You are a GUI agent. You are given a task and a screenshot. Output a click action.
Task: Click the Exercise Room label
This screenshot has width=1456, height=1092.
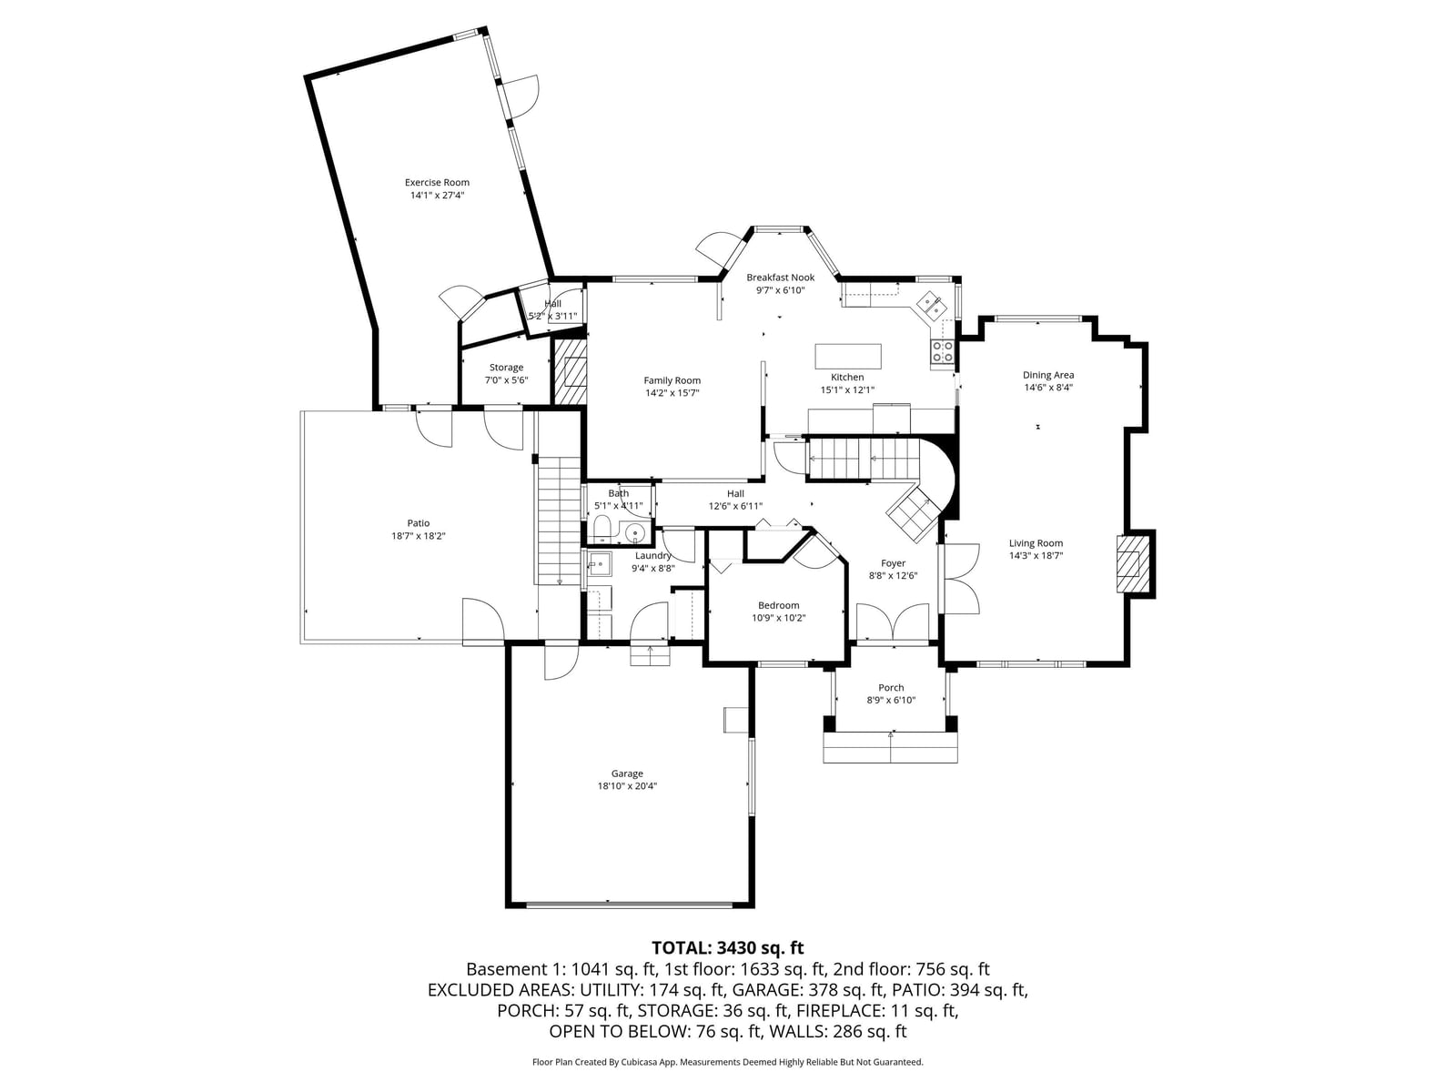coord(437,182)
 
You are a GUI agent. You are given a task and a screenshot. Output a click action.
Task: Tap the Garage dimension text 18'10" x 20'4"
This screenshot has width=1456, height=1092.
coord(627,785)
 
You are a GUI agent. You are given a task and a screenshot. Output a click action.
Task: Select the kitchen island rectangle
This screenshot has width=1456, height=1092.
coord(848,356)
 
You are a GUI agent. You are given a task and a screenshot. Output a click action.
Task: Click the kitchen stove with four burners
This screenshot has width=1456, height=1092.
coord(943,350)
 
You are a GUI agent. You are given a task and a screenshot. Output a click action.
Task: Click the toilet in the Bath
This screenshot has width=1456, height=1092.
coord(602,530)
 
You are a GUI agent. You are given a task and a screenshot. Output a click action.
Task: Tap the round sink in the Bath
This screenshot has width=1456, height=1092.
coord(635,532)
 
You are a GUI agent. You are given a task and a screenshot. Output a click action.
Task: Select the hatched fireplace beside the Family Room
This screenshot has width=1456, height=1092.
coord(570,371)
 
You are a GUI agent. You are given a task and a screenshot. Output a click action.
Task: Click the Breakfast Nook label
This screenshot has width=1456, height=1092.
coord(780,278)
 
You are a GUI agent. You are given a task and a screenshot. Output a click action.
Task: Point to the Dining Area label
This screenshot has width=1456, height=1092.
coord(1048,375)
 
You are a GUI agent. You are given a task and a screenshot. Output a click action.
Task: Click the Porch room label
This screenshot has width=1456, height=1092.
coord(891,688)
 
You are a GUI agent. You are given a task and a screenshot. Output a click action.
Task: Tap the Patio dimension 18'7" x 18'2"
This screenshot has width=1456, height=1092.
coord(418,536)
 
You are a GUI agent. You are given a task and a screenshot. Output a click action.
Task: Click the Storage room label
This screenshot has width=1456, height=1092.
coord(506,368)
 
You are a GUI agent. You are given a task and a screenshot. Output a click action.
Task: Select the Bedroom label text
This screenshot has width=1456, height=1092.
coord(779,605)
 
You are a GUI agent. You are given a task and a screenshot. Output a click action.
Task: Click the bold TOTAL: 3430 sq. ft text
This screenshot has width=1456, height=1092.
coord(728,948)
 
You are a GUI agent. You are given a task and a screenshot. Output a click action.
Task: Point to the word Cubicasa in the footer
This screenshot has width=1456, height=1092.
coord(640,1062)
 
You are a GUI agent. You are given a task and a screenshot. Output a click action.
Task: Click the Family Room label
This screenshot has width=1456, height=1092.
coord(672,380)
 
